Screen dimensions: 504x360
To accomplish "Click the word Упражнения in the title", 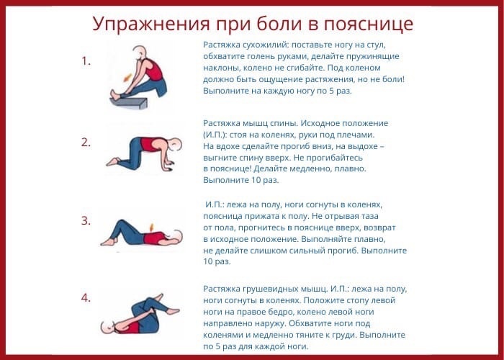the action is (151, 24).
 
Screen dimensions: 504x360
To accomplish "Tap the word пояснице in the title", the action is (369, 24).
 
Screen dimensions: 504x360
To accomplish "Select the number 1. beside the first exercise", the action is (86, 61).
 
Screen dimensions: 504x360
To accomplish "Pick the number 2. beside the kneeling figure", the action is (86, 143).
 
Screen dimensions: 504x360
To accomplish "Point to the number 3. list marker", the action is (86, 221).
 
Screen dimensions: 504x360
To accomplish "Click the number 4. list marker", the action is (86, 298).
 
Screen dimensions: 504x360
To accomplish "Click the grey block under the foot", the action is (129, 103).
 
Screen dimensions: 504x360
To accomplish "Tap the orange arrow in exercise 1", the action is (127, 78).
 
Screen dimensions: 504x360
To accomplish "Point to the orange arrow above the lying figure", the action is (152, 227).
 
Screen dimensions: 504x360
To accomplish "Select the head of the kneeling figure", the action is (176, 144).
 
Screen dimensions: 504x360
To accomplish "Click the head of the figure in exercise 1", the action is (140, 53).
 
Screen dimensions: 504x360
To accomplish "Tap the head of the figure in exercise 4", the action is (107, 327).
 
